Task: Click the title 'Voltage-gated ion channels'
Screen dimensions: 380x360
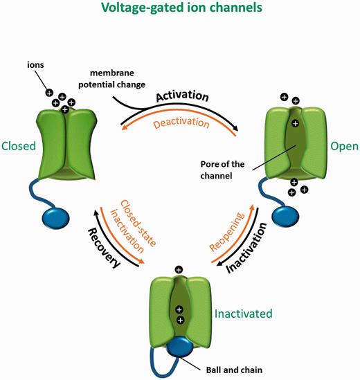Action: [179, 10]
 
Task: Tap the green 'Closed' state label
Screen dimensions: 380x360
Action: [19, 146]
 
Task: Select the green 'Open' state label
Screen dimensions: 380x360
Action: [339, 147]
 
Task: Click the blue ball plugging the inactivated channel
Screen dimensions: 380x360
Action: [179, 345]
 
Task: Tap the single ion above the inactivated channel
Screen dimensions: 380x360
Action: [179, 270]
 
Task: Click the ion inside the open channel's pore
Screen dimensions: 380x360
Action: [295, 123]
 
